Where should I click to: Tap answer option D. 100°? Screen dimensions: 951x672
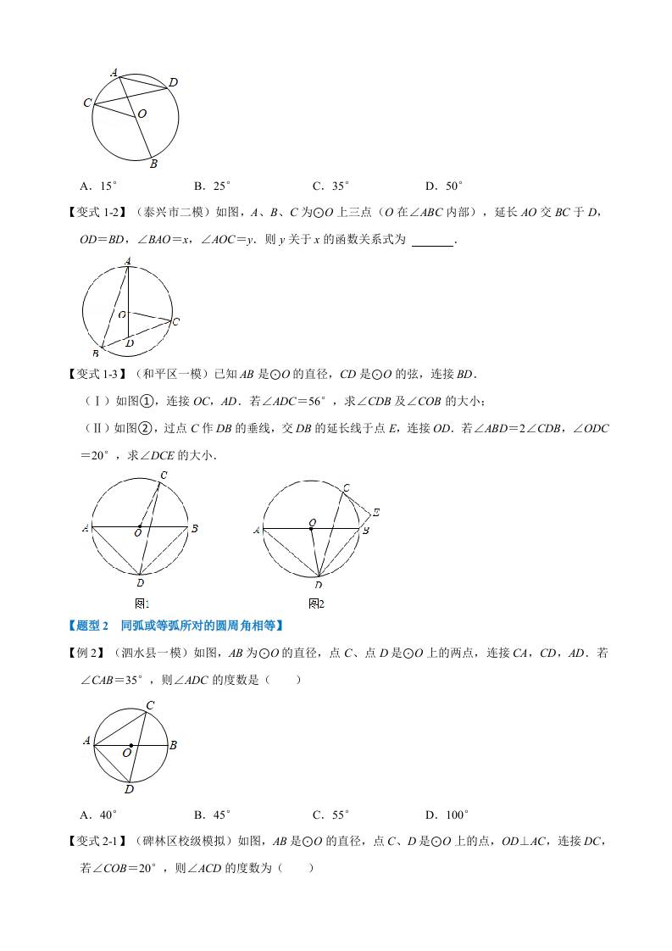pos(447,815)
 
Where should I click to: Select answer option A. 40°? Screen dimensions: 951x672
pos(97,815)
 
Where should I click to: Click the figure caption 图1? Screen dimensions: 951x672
pos(142,603)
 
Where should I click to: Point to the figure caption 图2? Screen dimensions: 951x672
pos(316,603)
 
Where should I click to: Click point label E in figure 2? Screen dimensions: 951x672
pos(375,513)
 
